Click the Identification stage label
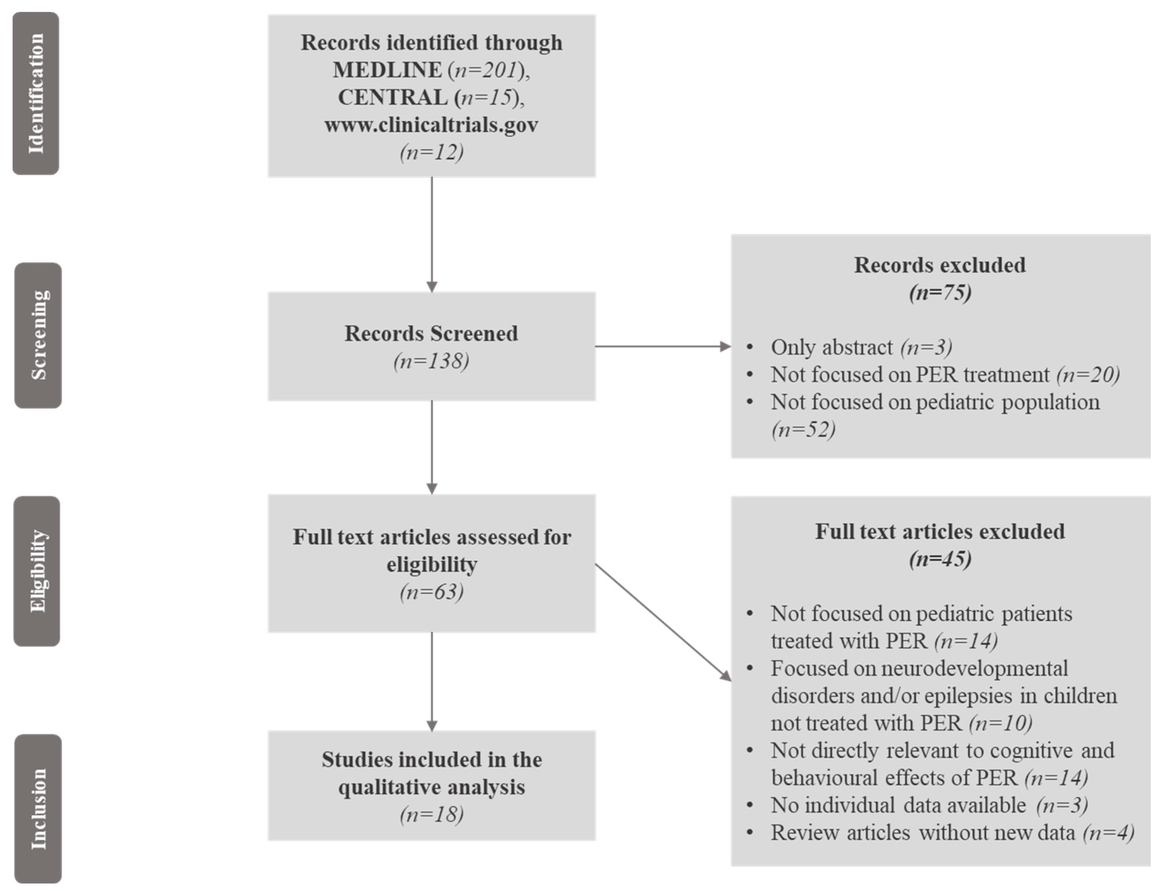pyautogui.click(x=36, y=93)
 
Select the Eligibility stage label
pyautogui.click(x=36, y=571)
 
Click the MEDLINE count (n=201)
pyautogui.click(x=486, y=70)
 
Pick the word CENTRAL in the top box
pyautogui.click(x=392, y=97)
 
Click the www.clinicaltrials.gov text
pyautogui.click(x=431, y=125)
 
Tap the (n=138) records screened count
pyautogui.click(x=431, y=361)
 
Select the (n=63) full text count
pyautogui.click(x=431, y=591)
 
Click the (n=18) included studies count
pyautogui.click(x=431, y=814)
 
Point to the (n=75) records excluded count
pyautogui.click(x=940, y=292)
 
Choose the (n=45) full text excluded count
pyautogui.click(x=940, y=559)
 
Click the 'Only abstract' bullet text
pyautogui.click(x=831, y=347)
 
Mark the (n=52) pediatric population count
pyautogui.click(x=803, y=429)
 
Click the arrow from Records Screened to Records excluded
pyautogui.click(x=663, y=346)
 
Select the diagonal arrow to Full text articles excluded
pyautogui.click(x=663, y=622)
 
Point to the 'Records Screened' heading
pyautogui.click(x=431, y=334)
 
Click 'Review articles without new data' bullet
pyautogui.click(x=923, y=833)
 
